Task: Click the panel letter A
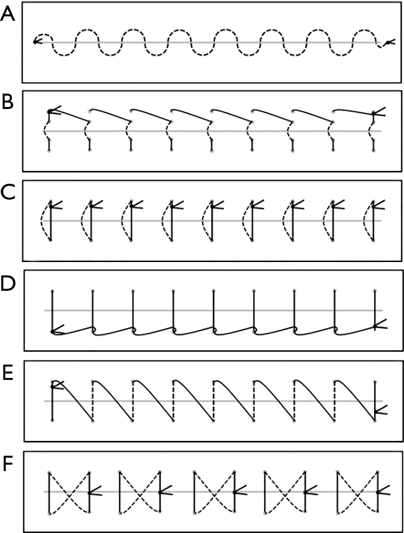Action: click(x=8, y=15)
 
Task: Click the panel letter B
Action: click(x=7, y=102)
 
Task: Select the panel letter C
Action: click(x=8, y=192)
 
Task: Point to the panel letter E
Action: click(x=7, y=373)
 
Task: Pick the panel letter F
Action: click(x=8, y=464)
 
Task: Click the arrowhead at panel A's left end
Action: click(x=36, y=42)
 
